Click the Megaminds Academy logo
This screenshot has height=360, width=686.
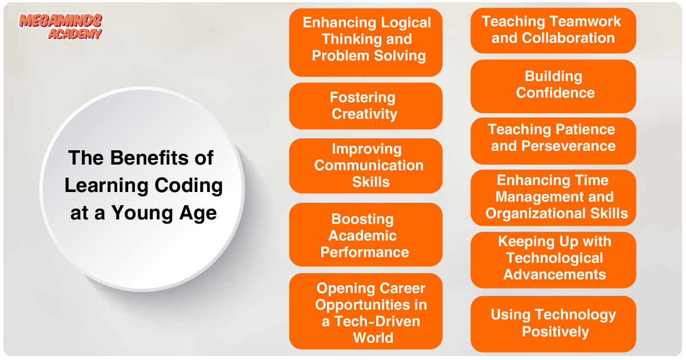pyautogui.click(x=61, y=26)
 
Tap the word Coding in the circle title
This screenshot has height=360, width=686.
pyautogui.click(x=189, y=186)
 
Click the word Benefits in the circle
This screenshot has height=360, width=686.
pyautogui.click(x=150, y=158)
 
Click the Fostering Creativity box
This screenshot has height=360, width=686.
pyautogui.click(x=366, y=106)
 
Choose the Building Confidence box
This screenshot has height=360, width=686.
pyautogui.click(x=553, y=86)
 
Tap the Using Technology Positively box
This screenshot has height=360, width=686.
pyautogui.click(x=553, y=324)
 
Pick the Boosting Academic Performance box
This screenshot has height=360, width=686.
pyautogui.click(x=366, y=235)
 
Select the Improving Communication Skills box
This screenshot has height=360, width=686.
pyautogui.click(x=366, y=166)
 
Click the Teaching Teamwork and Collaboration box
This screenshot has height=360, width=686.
pyautogui.click(x=553, y=31)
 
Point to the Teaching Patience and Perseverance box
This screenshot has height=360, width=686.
pyautogui.click(x=553, y=141)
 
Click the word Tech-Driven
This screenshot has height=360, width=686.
pyautogui.click(x=377, y=321)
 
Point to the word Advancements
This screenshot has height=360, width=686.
pyautogui.click(x=555, y=274)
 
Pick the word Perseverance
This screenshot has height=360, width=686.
pyautogui.click(x=568, y=146)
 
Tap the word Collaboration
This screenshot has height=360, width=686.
pyautogui.click(x=568, y=38)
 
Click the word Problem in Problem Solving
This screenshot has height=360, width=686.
pyautogui.click(x=341, y=56)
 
